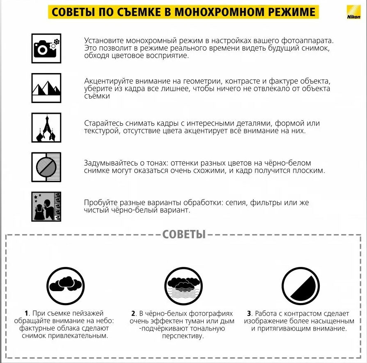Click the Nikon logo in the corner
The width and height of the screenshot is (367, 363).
tap(353, 12)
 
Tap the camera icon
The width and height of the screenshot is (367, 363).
tap(46, 48)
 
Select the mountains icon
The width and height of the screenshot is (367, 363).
tap(46, 88)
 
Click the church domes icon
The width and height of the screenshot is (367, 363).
tap(46, 128)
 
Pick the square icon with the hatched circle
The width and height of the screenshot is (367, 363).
tap(46, 167)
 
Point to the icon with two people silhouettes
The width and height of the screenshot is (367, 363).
tap(46, 207)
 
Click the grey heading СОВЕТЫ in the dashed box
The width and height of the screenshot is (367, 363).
tap(184, 234)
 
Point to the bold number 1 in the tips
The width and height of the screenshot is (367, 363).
tap(27, 313)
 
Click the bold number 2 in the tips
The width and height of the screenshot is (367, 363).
tap(133, 313)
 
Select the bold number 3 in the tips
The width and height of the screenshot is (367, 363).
tap(249, 313)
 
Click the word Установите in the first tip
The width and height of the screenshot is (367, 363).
tap(104, 41)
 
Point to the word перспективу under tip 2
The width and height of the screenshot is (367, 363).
tap(183, 336)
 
